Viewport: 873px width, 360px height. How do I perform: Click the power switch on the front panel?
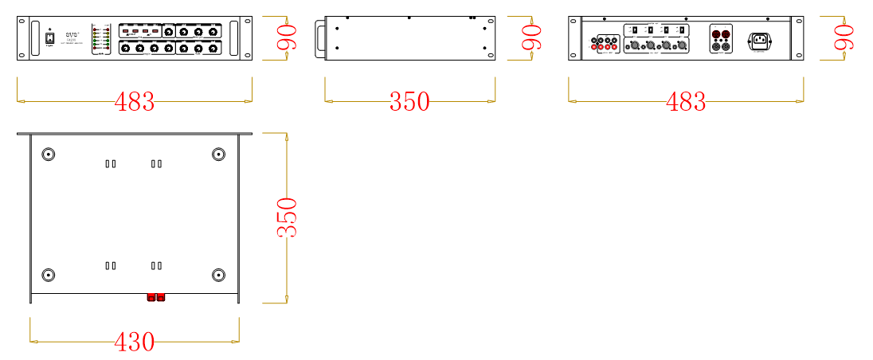pyautogui.click(x=49, y=37)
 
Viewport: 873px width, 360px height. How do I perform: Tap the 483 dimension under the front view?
pyautogui.click(x=134, y=102)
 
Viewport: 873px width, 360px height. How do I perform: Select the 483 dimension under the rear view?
pyautogui.click(x=685, y=102)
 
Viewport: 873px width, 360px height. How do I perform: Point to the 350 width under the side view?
pyautogui.click(x=409, y=102)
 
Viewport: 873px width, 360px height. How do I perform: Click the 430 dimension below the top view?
pyautogui.click(x=134, y=342)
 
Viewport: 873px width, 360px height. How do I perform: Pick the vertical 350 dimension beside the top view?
pyautogui.click(x=287, y=217)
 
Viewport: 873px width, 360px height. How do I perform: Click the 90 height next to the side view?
pyautogui.click(x=531, y=37)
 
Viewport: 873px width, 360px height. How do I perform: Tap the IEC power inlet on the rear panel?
pyautogui.click(x=761, y=40)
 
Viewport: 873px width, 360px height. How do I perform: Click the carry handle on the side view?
pyautogui.click(x=319, y=37)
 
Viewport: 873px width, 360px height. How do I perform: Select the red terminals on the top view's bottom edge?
pyautogui.click(x=155, y=298)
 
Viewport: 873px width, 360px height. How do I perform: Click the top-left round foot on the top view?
pyautogui.click(x=49, y=155)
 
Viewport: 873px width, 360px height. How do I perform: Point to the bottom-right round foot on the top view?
pyautogui.click(x=219, y=276)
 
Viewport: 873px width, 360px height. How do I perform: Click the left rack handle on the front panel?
pyautogui.click(x=35, y=38)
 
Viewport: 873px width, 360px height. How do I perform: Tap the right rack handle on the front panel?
pyautogui.click(x=233, y=38)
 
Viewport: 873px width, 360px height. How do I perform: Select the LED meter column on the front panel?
pyautogui.click(x=96, y=38)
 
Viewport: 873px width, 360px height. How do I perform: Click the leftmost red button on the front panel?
pyautogui.click(x=126, y=31)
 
